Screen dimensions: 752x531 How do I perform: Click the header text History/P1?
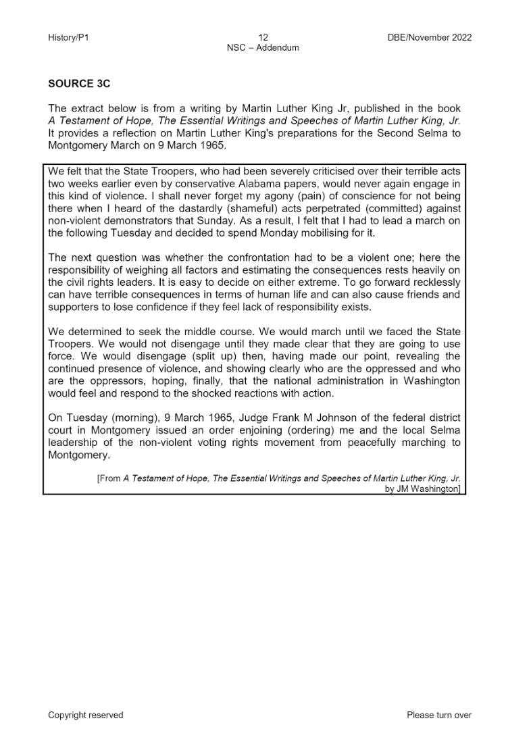(x=68, y=38)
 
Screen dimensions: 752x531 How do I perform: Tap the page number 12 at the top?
(x=263, y=38)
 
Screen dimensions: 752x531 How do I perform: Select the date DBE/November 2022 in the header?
(x=426, y=38)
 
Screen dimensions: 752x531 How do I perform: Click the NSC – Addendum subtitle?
(x=263, y=48)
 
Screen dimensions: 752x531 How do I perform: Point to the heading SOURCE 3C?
(x=79, y=84)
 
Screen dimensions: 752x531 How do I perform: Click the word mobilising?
(x=308, y=232)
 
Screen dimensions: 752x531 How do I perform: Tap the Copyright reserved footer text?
(x=86, y=715)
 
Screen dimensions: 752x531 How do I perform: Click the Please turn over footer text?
(x=439, y=715)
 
